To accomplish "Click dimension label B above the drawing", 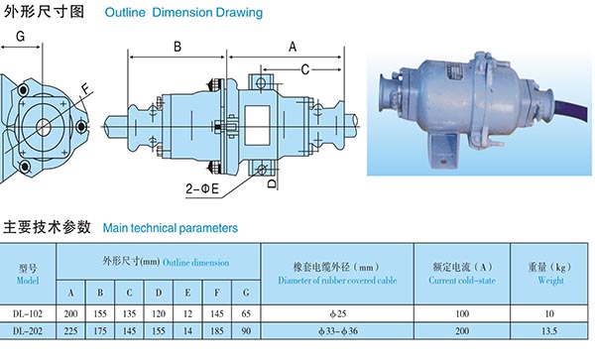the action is pyautogui.click(x=178, y=47).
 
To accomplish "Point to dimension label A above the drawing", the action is pyautogui.click(x=293, y=47).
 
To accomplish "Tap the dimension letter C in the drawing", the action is pyautogui.click(x=305, y=69).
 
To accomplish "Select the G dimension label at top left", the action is pyautogui.click(x=20, y=37).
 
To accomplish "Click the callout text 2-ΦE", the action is pyautogui.click(x=202, y=188).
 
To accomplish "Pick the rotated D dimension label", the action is pyautogui.click(x=272, y=183).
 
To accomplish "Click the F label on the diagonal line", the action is pyautogui.click(x=87, y=89).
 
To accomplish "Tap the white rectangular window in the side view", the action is pyautogui.click(x=257, y=125).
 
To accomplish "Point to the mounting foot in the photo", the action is pyautogui.click(x=443, y=152).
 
